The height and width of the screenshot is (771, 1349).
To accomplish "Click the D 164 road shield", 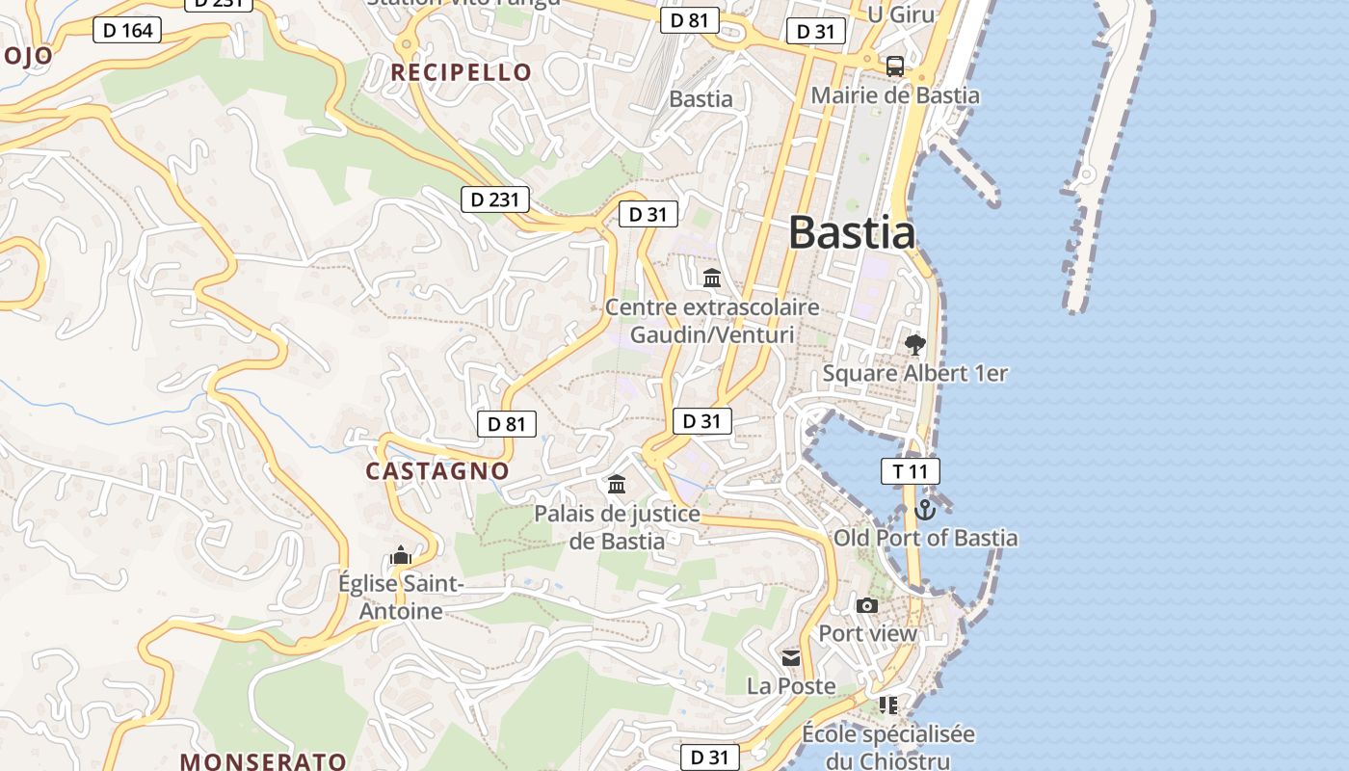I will point(127,30).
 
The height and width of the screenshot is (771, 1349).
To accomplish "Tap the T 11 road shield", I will point(910,471).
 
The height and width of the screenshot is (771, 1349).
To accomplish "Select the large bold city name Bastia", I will point(852,233).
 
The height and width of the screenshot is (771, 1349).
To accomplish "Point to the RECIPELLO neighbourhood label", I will point(461,72).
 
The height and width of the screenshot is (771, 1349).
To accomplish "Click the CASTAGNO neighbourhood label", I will point(436,470).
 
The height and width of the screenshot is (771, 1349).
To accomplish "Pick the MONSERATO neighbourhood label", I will point(263,760).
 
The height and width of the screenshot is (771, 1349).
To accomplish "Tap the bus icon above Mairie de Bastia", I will point(895,66).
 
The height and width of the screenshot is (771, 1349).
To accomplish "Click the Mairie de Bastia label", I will point(895,95).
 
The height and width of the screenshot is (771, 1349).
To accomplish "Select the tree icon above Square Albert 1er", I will point(914,344).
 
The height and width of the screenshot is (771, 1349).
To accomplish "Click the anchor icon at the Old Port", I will point(925,510).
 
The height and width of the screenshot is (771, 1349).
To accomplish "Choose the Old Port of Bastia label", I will point(925,538).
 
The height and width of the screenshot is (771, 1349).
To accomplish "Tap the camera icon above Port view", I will point(867,606).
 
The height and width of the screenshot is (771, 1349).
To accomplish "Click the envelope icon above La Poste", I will point(791,658).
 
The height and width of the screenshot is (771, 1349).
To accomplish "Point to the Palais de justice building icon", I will point(617,484).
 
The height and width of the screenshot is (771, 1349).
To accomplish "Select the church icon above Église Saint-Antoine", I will point(401,555).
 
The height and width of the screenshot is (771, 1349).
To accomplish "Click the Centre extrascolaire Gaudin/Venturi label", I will point(712,321).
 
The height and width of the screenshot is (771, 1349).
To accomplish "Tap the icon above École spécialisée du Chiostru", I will point(887,705).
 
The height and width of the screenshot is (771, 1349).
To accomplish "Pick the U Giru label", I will point(888,13).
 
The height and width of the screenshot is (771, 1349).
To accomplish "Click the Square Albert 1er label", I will point(914,373).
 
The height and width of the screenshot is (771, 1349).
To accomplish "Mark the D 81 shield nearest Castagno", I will point(506,424).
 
